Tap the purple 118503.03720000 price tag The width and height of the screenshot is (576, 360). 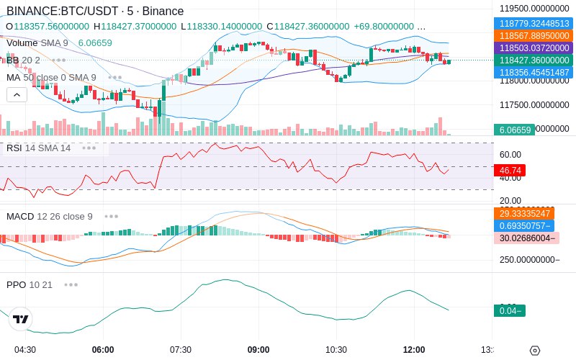click(x=534, y=48)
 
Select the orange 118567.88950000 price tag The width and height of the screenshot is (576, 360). click(x=534, y=35)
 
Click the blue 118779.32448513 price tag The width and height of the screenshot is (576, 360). click(x=534, y=23)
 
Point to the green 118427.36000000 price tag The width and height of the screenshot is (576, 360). click(x=534, y=60)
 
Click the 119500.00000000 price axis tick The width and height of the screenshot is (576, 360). click(x=534, y=9)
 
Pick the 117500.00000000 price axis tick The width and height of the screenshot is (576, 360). click(x=534, y=105)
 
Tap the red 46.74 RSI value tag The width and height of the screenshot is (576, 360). click(x=510, y=171)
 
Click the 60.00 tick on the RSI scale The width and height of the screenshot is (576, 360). click(x=510, y=154)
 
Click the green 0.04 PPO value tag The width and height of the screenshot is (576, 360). click(x=509, y=310)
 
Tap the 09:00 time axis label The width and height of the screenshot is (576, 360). click(x=258, y=349)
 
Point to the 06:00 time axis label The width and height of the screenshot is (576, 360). click(x=103, y=349)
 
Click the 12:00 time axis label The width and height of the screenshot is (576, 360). click(x=414, y=349)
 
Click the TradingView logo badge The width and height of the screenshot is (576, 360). click(x=21, y=319)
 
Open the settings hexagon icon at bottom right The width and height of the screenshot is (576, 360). click(x=534, y=351)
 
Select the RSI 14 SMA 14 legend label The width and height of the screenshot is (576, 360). click(x=39, y=148)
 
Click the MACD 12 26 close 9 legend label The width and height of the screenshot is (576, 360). click(x=50, y=216)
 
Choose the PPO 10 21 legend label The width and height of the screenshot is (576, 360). click(x=30, y=284)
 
